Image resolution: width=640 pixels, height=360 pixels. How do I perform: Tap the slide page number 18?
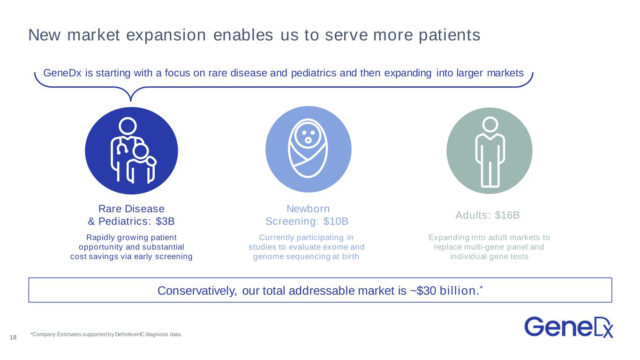(x=13, y=337)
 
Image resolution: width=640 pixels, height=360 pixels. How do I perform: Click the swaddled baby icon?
(x=308, y=149)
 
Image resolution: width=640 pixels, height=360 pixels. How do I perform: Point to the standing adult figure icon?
(x=490, y=152)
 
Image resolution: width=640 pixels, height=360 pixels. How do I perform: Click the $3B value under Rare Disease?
(x=165, y=221)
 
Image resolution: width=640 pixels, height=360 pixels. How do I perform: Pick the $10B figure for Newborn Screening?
(x=336, y=221)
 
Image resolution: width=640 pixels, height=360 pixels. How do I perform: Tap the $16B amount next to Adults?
(x=507, y=215)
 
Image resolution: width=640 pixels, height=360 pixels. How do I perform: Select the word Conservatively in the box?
(x=197, y=291)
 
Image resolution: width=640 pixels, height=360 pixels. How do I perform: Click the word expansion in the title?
(x=166, y=36)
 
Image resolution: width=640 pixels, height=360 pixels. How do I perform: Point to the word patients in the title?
(x=450, y=36)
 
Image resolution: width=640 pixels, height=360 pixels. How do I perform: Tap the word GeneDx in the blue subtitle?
(x=62, y=73)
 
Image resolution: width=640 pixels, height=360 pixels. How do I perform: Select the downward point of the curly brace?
(x=130, y=101)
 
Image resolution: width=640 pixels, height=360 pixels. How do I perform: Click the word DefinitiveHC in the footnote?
(x=129, y=334)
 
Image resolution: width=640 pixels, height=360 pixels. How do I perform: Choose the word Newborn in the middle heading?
(x=308, y=209)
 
